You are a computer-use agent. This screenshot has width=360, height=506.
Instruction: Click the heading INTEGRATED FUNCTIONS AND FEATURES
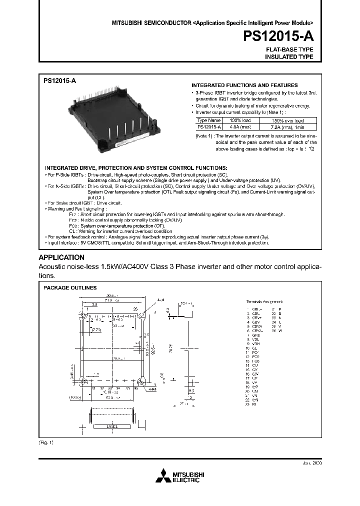point(244,85)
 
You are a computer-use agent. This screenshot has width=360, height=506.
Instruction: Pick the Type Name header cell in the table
point(208,120)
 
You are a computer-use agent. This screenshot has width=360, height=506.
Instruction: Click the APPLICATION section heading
point(61,257)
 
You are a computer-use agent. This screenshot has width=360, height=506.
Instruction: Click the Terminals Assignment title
point(264,301)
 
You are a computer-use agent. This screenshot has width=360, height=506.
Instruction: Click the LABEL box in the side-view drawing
point(111,426)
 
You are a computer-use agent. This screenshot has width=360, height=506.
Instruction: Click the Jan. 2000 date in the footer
point(312,463)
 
